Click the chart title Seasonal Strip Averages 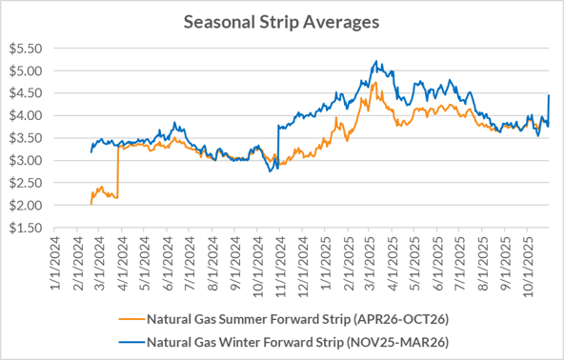click(282, 21)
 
